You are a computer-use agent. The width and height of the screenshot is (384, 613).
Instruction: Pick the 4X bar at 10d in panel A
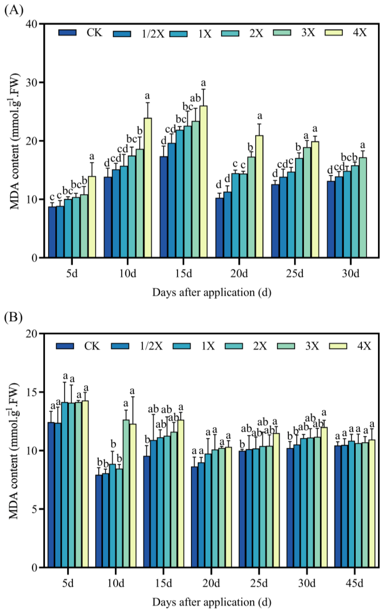pyautogui.click(x=148, y=188)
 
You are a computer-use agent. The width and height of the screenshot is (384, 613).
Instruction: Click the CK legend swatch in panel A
pyautogui.click(x=67, y=33)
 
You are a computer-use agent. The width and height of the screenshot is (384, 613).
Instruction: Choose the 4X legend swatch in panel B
pyautogui.click(x=338, y=346)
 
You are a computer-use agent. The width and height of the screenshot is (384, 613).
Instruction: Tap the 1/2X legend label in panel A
pyautogui.click(x=153, y=34)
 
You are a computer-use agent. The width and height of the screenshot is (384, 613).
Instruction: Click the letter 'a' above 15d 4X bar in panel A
pyautogui.click(x=203, y=83)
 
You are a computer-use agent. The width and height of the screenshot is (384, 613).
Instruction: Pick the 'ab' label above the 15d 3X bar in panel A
pyautogui.click(x=196, y=98)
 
